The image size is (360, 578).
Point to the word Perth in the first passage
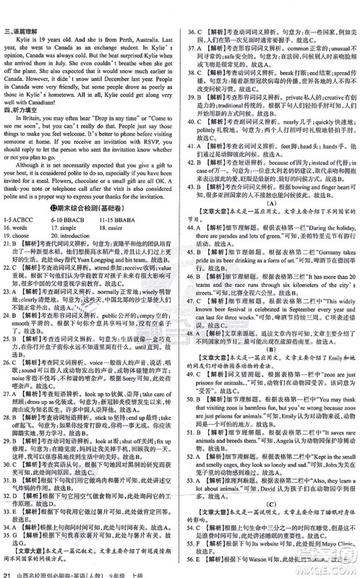click(123, 21)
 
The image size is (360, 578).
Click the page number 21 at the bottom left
click(7, 572)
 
